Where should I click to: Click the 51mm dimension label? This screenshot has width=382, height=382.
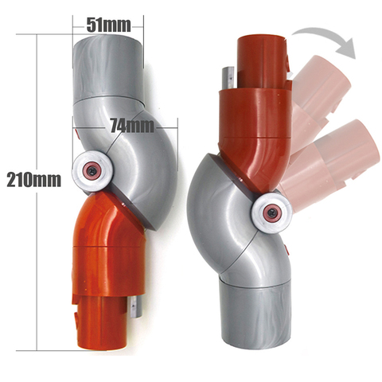108,25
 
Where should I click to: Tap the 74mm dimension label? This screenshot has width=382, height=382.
132,126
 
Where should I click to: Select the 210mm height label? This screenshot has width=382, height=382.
33,179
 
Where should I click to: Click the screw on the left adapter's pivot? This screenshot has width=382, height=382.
93,170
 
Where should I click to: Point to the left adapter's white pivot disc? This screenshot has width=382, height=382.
93,170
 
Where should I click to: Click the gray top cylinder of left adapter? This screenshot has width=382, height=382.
108,68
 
